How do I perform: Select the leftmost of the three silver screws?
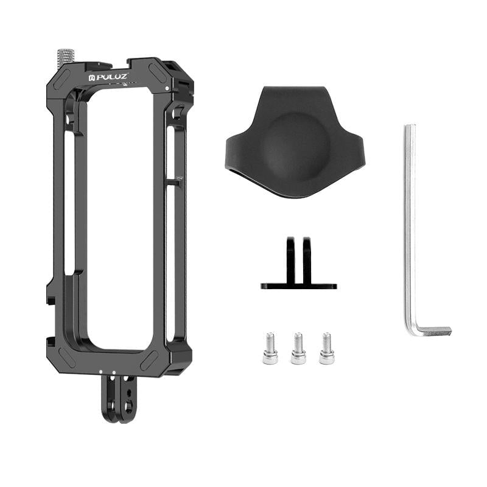(270, 348)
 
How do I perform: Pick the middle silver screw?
(298, 348)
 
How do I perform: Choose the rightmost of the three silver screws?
(326, 348)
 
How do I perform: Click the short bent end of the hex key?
(433, 331)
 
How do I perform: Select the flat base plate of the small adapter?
(298, 285)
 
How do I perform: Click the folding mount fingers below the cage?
(119, 399)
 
